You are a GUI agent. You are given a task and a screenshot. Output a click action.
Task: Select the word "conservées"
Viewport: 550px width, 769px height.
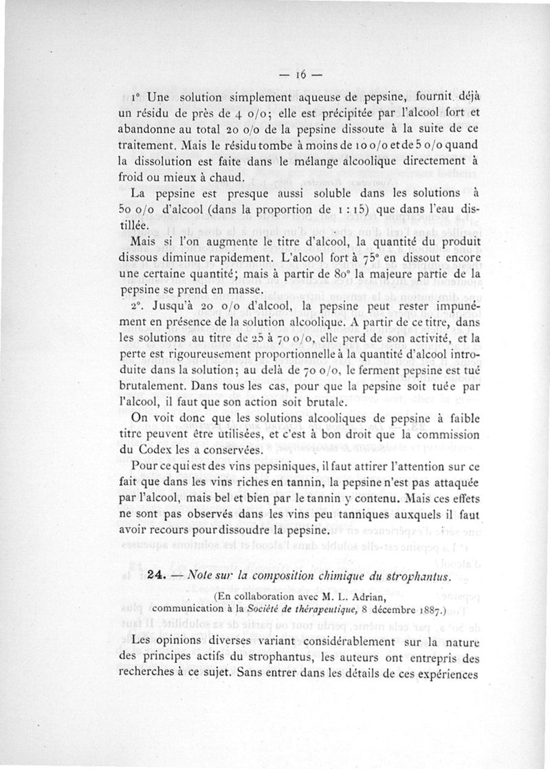pos(214,450)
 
